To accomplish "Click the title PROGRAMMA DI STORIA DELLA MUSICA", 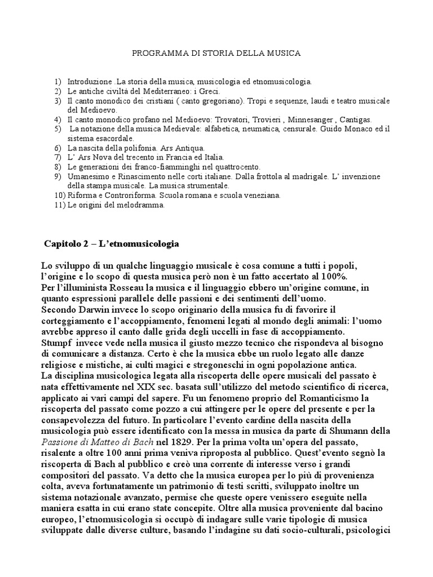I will click(216, 53).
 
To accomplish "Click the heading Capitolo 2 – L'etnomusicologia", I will click(112, 244).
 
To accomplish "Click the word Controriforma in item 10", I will click(127, 196).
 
